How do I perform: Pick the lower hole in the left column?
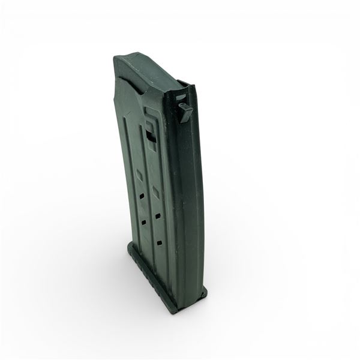click(144, 222)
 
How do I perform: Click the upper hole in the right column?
click(157, 215)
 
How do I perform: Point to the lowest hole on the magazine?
click(161, 242)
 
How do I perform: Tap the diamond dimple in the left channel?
click(137, 175)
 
